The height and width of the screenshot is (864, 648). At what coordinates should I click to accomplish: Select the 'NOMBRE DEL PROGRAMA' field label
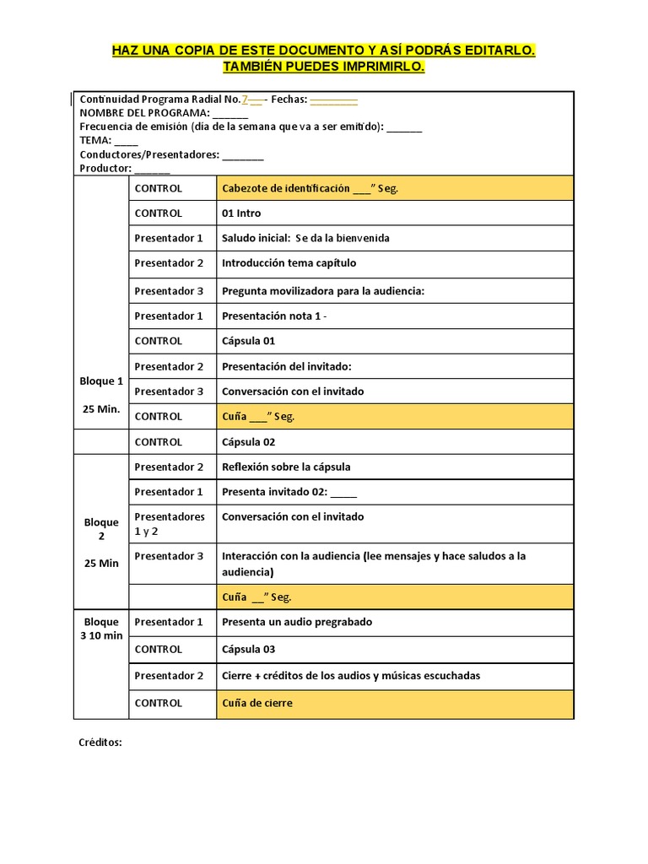[144, 113]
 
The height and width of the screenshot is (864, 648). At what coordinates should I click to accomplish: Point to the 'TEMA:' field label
[95, 141]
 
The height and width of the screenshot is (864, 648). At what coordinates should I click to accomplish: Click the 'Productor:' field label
[105, 169]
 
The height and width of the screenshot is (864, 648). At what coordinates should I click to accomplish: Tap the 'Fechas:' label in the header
[289, 100]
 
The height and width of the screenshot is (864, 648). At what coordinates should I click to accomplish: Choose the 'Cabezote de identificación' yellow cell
[310, 188]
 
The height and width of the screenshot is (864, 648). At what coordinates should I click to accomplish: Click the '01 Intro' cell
[241, 213]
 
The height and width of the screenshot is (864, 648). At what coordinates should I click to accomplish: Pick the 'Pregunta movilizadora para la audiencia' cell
[322, 291]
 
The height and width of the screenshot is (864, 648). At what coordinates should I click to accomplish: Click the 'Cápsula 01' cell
[248, 341]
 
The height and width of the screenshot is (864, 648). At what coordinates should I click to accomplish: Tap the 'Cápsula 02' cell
[248, 442]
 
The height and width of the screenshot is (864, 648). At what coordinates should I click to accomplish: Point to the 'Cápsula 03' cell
[248, 650]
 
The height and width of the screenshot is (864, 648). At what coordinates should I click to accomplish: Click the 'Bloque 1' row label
[101, 381]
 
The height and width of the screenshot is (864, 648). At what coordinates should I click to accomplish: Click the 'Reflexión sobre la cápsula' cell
[286, 467]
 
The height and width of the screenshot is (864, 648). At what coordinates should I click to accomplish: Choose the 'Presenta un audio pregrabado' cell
[296, 623]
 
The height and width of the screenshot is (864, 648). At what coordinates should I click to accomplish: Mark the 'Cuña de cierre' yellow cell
[257, 703]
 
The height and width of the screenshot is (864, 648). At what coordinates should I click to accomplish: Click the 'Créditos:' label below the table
[100, 743]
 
